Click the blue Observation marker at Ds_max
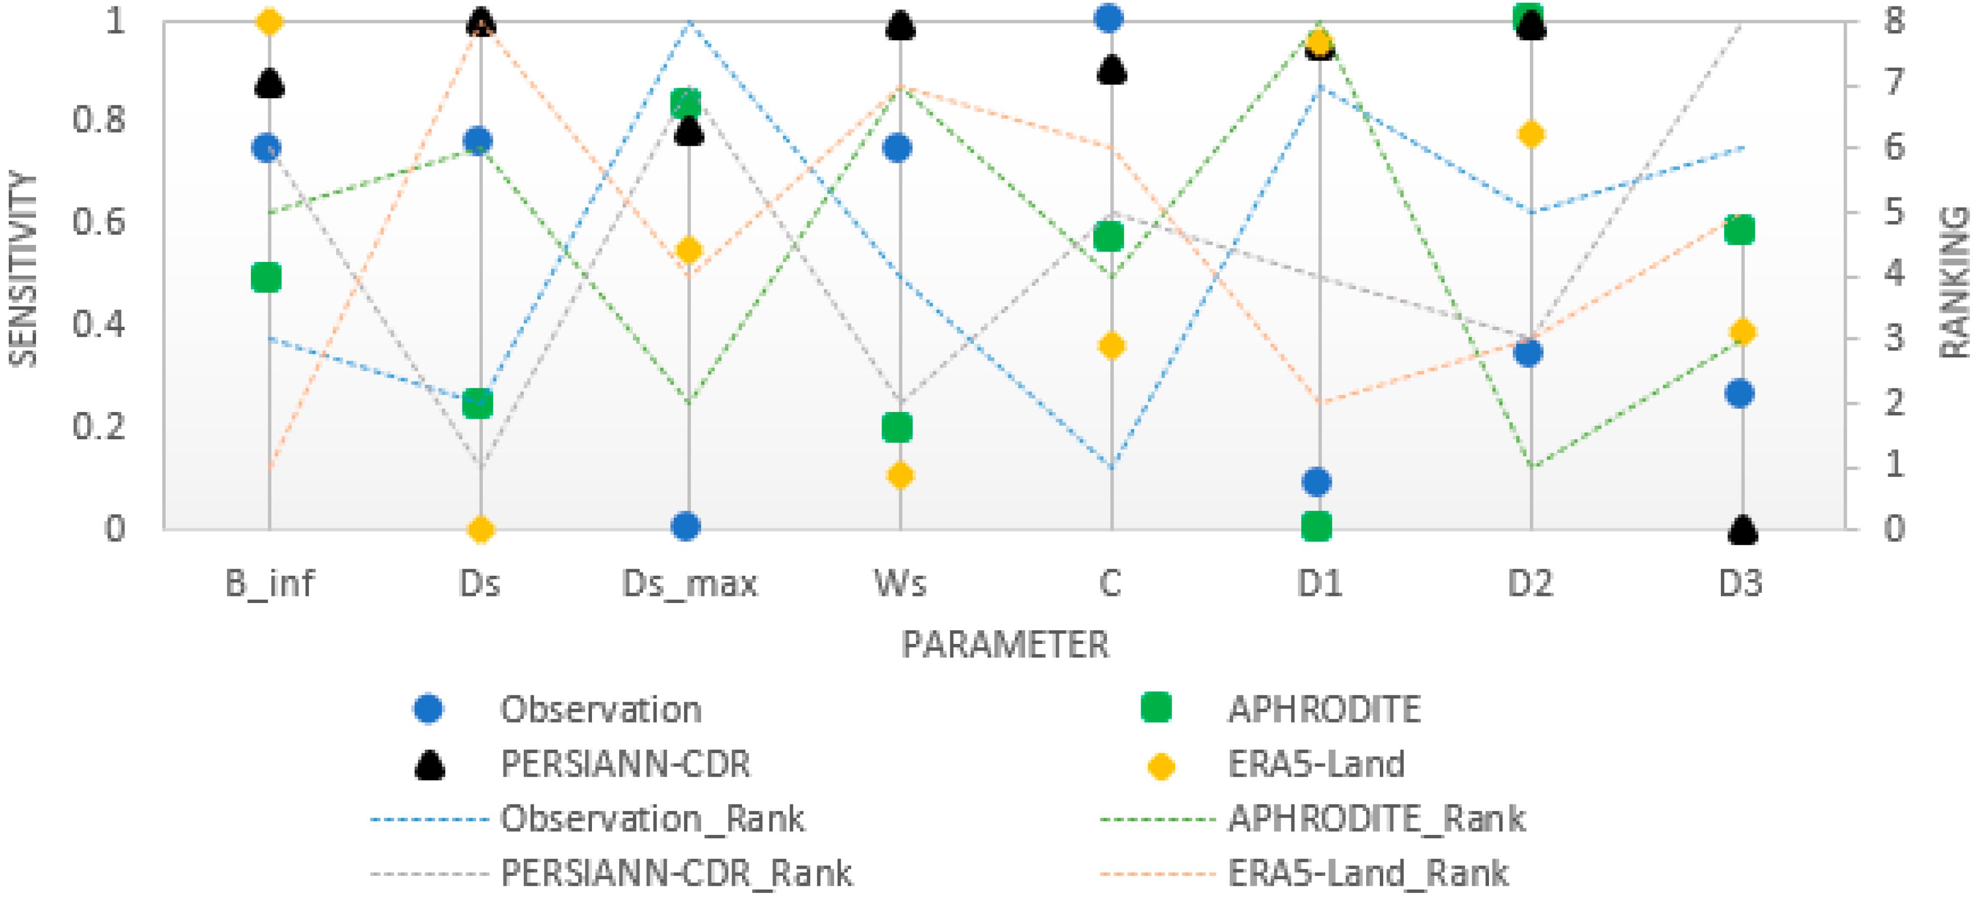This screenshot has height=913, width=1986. coord(685,527)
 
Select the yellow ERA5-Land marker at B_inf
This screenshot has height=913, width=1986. coord(269,22)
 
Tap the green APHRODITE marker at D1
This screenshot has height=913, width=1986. coord(1316,527)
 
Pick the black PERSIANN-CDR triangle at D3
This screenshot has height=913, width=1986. coord(1742,530)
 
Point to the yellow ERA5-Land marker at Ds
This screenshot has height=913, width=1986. coord(480,530)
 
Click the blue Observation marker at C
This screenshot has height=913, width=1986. coord(1109,17)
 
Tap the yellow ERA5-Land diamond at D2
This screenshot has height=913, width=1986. coord(1530,134)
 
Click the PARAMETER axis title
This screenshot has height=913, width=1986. coord(1004,645)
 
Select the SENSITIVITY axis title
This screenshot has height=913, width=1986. coord(23,270)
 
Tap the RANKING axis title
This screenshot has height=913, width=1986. coord(1954,282)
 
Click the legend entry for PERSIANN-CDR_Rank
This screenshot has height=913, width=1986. coord(676,874)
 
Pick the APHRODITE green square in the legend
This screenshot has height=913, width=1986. coord(1156,707)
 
